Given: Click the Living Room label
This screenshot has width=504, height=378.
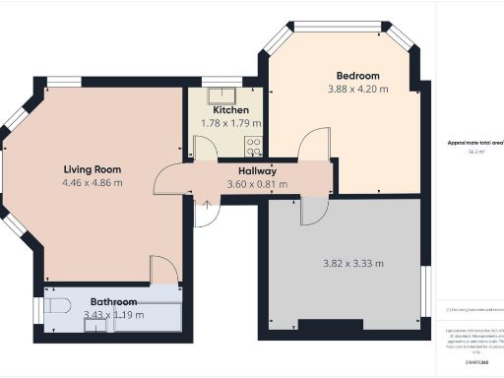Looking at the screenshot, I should [93, 168].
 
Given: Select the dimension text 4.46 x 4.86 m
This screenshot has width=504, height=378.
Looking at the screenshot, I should [93, 182].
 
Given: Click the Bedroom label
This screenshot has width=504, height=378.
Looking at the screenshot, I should [357, 76].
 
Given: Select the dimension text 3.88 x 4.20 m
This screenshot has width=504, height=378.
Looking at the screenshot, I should [357, 90].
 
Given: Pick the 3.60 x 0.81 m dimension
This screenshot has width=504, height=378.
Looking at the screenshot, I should [258, 184].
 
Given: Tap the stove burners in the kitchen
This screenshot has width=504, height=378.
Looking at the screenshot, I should [253, 148].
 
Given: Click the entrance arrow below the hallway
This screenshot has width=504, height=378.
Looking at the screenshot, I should [207, 203].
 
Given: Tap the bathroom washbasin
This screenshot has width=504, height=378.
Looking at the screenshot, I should [94, 327].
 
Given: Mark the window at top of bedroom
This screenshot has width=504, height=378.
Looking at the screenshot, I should [344, 27].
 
